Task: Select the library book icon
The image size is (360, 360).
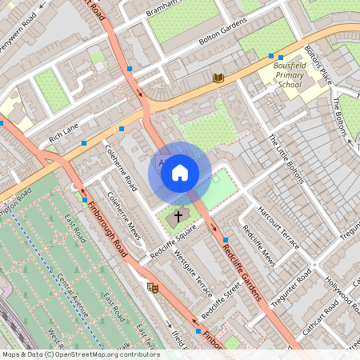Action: click(218, 78)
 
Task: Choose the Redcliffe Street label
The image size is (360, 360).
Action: click(221, 298)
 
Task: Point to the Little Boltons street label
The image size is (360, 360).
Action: click(286, 158)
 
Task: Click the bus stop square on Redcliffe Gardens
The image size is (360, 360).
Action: click(226, 239)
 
